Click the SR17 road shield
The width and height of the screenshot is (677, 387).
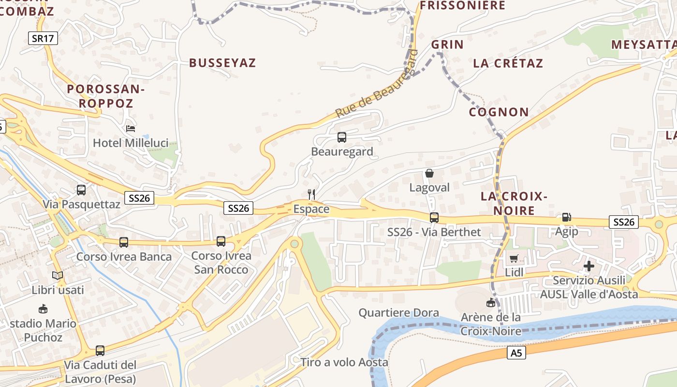44,39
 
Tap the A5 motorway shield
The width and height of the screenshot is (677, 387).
517,354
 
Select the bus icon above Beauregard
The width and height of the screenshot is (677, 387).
342,137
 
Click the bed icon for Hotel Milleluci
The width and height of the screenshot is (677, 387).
131,129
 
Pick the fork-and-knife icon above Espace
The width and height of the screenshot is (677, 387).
311,194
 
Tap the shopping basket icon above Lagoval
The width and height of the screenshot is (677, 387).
429,173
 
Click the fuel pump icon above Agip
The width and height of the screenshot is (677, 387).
566,217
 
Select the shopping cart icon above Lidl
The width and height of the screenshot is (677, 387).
514,258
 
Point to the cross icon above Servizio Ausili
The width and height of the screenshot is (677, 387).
589,266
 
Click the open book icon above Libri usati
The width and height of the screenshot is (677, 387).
58,276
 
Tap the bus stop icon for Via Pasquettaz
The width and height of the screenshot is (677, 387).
81,190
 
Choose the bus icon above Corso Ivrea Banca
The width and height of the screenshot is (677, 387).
124,242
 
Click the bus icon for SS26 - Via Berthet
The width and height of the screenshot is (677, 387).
434,218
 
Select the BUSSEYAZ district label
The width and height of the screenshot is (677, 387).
222,63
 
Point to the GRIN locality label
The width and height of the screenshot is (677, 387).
447,45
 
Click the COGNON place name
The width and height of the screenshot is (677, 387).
499,112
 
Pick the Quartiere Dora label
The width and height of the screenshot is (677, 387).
398,313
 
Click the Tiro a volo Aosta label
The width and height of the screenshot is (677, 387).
344,362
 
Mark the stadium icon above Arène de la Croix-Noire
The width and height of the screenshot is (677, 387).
491,303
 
